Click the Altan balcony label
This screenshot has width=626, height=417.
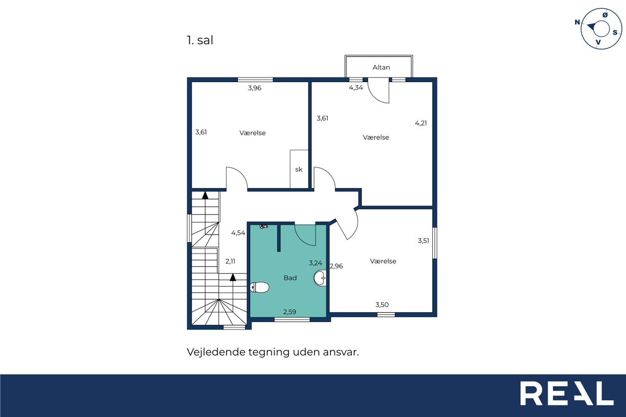[x=381, y=67]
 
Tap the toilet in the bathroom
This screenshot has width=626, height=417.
[x=259, y=287]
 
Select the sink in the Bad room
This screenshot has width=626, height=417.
[x=320, y=278]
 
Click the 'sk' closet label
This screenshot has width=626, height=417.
[x=299, y=169]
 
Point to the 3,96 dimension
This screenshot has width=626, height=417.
[x=255, y=88]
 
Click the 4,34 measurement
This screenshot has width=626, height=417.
[x=356, y=88]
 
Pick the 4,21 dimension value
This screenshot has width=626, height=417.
[x=421, y=123]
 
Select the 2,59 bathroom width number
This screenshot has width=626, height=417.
[x=290, y=312]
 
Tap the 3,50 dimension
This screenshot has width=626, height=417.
[x=382, y=305]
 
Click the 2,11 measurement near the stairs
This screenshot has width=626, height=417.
[x=230, y=262]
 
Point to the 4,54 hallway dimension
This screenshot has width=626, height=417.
[x=238, y=233]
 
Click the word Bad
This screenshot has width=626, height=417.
[x=290, y=278]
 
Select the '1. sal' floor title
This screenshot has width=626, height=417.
[x=200, y=40]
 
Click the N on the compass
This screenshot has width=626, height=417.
[x=577, y=22]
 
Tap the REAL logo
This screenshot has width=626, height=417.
[x=567, y=393]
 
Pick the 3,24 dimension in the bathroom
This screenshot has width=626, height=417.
[x=315, y=263]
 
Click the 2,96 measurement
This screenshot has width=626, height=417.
[x=336, y=266]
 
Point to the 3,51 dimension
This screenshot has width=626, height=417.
[x=424, y=241]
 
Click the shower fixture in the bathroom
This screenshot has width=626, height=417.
[x=264, y=226]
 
